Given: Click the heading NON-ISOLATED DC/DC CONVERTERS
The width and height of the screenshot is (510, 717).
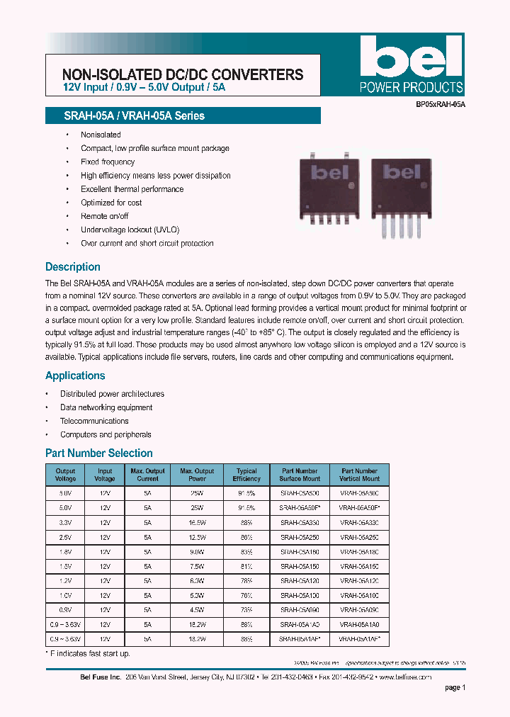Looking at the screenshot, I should point(183,74).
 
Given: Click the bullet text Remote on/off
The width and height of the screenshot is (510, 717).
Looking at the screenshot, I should point(104,216).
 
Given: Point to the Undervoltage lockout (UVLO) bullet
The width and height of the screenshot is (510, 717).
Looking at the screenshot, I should point(130,230).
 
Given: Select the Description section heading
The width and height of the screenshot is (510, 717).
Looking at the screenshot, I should point(72,267).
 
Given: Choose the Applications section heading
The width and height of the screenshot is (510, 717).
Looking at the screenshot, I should point(75,376).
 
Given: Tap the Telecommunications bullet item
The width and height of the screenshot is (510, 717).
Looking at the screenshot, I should point(94,421).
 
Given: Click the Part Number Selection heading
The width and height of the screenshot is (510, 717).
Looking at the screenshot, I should point(98,453).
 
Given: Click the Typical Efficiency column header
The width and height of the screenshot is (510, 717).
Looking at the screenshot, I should point(246,475).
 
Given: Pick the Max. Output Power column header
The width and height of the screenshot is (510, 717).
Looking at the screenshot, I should point(197,475).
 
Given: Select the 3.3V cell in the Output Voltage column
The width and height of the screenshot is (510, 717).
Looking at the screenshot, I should point(65,523).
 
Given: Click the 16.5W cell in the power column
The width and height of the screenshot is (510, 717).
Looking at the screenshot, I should point(197,523).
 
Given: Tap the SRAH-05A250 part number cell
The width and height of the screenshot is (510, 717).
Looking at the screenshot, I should point(300,538).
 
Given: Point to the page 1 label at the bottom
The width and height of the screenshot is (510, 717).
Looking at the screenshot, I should point(455,687).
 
